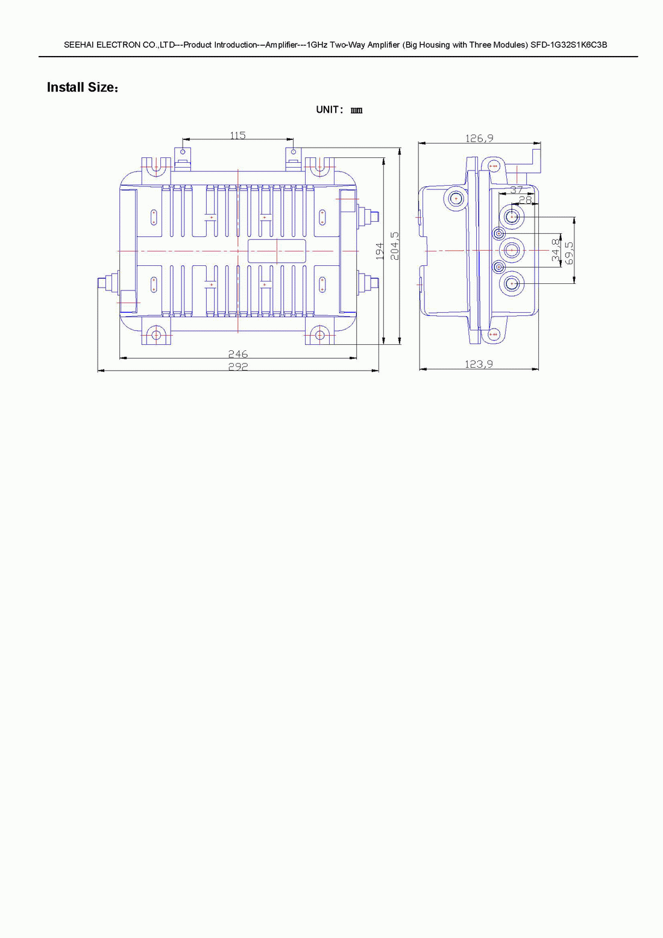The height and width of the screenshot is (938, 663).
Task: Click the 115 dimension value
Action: pos(237,135)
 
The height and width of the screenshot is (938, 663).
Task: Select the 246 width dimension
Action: pos(237,354)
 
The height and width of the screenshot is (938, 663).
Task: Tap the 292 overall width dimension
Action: pos(237,367)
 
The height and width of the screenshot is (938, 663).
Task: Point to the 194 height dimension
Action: pos(380,251)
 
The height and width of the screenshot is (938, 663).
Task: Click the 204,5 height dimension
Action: pos(394,246)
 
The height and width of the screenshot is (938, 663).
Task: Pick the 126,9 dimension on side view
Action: pos(479,138)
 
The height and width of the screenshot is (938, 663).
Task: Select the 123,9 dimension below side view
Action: pos(479,364)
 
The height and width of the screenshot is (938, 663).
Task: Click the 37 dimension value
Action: pos(517,190)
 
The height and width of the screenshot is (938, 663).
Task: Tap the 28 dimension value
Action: pos(526,200)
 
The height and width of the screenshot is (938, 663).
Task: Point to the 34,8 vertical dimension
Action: pos(556,250)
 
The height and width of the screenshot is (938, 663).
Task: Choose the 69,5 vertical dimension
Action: pos(569,253)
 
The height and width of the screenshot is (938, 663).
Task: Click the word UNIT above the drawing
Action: pos(327,110)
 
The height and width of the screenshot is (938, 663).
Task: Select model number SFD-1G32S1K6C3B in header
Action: pos(569,45)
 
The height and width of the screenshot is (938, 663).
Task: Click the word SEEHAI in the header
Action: pos(79,45)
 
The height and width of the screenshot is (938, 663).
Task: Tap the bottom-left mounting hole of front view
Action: pos(156,335)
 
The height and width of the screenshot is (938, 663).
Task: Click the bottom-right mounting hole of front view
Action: pos(319,335)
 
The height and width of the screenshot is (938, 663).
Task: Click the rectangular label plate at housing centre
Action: pos(277,251)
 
